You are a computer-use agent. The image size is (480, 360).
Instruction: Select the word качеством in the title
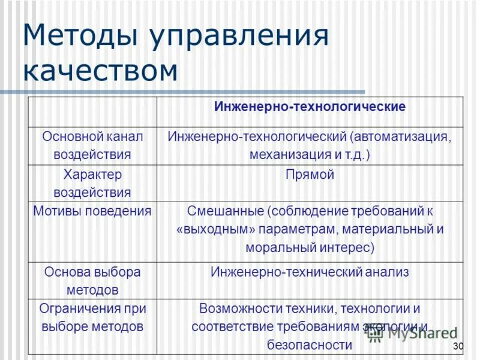tap(100, 70)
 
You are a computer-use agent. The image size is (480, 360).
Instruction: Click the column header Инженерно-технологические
tap(310, 107)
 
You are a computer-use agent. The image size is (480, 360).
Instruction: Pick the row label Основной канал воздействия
tap(92, 145)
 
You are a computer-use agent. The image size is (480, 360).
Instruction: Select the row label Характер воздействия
tap(92, 184)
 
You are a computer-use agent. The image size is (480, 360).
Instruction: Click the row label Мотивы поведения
tap(92, 211)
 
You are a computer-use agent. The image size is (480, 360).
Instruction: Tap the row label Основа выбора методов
tap(92, 281)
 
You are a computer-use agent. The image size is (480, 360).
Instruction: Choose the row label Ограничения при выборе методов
tap(92, 317)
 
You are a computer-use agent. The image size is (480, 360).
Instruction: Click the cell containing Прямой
tap(310, 175)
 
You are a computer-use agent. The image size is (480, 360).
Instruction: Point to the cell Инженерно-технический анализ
tap(310, 272)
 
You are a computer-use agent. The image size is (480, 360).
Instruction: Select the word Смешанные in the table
tap(225, 211)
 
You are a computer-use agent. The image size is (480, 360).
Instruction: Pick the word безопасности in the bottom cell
tap(310, 345)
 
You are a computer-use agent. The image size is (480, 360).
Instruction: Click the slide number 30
tap(459, 346)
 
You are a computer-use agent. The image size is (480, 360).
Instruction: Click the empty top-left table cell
tap(92, 112)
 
